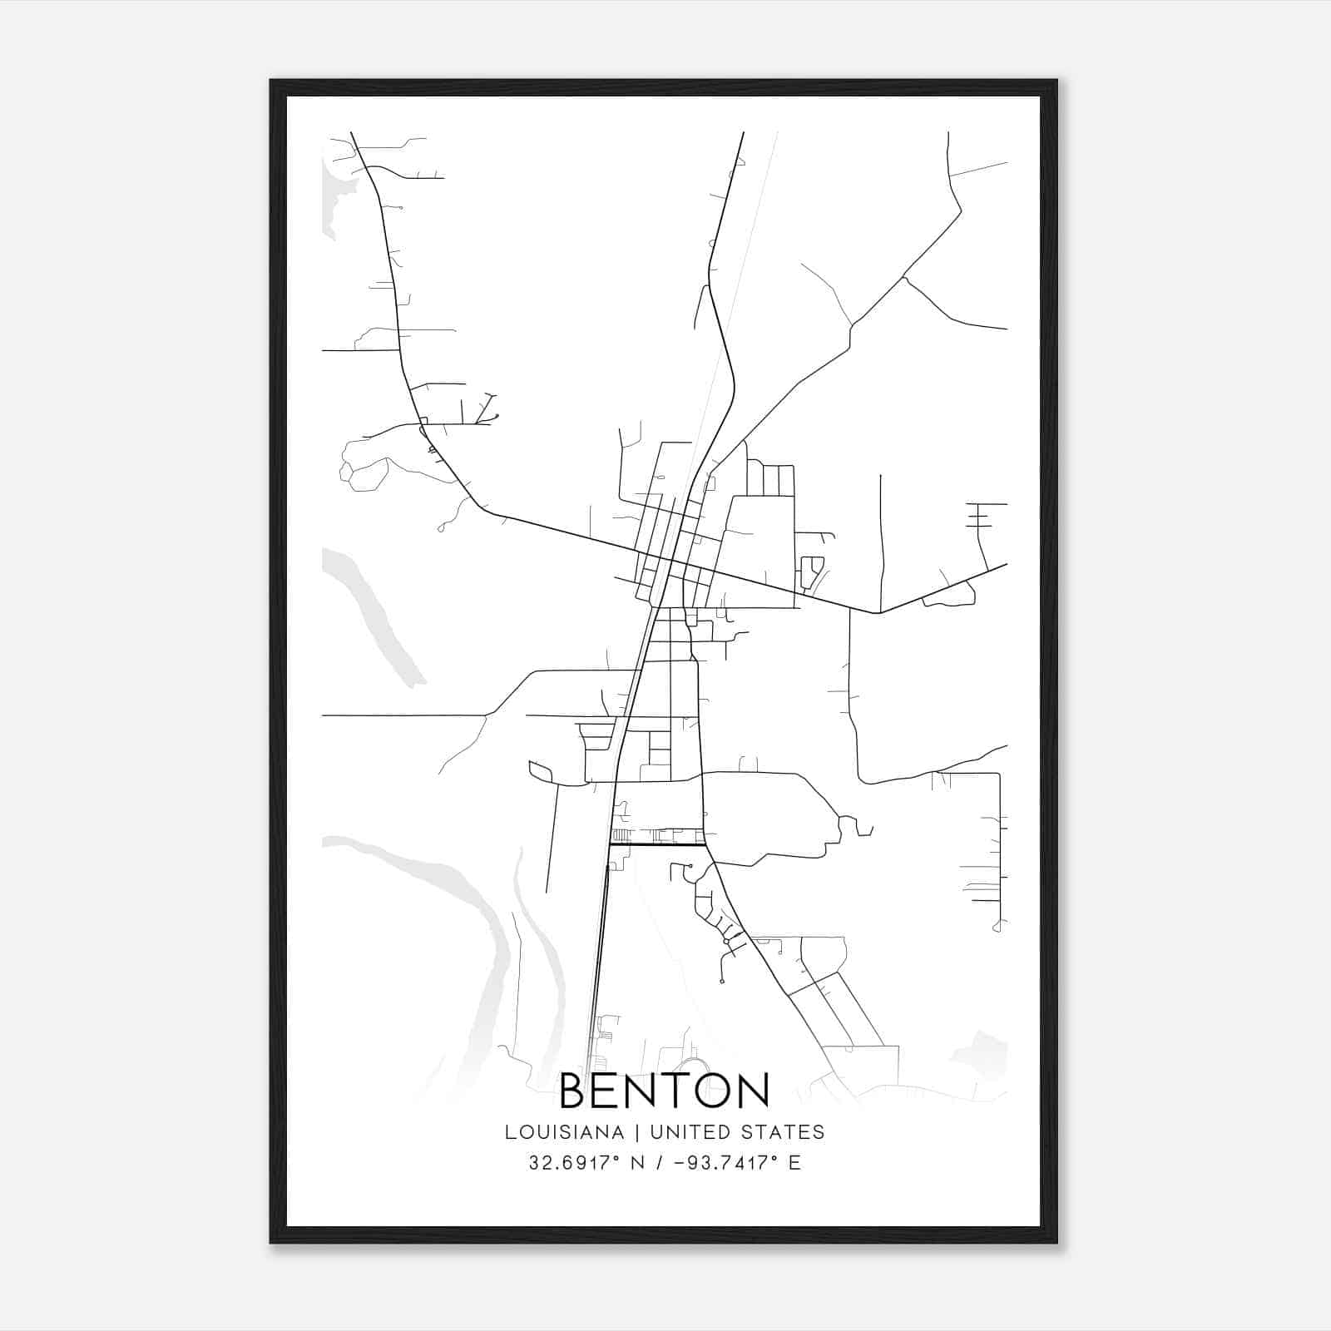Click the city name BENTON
tap(664, 1091)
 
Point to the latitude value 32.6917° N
tap(587, 1163)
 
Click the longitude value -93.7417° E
tap(736, 1163)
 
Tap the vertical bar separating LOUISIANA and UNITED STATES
tap(636, 1132)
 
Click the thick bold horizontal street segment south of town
tap(657, 845)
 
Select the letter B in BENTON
tap(576, 1091)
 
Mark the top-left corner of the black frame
tap(272, 82)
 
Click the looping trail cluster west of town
tap(366, 466)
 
